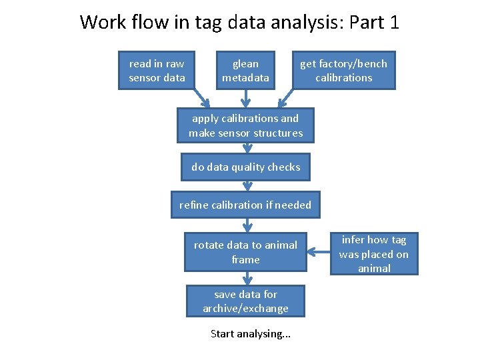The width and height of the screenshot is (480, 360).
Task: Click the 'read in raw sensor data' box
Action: click(x=157, y=71)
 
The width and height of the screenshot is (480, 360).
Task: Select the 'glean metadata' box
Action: click(x=245, y=71)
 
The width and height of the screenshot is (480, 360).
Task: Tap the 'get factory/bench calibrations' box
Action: click(x=343, y=71)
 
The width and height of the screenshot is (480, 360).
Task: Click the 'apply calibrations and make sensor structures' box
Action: click(x=245, y=125)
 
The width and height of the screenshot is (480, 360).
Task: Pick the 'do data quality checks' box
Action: click(x=245, y=167)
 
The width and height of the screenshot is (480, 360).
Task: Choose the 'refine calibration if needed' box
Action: click(x=245, y=205)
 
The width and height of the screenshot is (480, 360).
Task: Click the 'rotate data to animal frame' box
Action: click(x=245, y=252)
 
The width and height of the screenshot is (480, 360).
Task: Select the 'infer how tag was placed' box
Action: click(x=374, y=253)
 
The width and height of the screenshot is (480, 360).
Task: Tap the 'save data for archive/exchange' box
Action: click(x=245, y=301)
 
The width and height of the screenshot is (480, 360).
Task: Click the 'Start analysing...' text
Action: click(x=251, y=333)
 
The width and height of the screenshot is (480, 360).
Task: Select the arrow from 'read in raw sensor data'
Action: click(x=200, y=99)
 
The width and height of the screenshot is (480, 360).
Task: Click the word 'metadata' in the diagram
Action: click(x=245, y=78)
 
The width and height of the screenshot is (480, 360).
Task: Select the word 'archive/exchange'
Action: click(x=245, y=309)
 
